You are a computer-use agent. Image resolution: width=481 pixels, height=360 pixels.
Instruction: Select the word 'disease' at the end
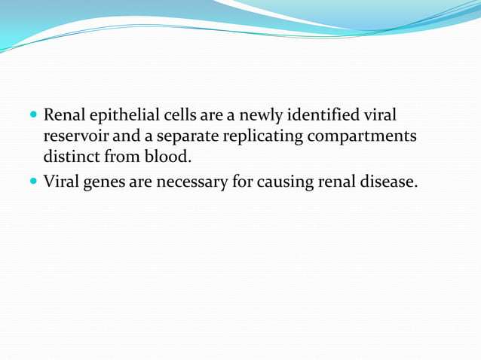[x=387, y=182]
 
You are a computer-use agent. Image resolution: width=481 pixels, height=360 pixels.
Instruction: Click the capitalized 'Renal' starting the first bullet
[x=63, y=117]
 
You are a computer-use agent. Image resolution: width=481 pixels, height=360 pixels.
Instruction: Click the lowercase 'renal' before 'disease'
[x=335, y=182]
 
